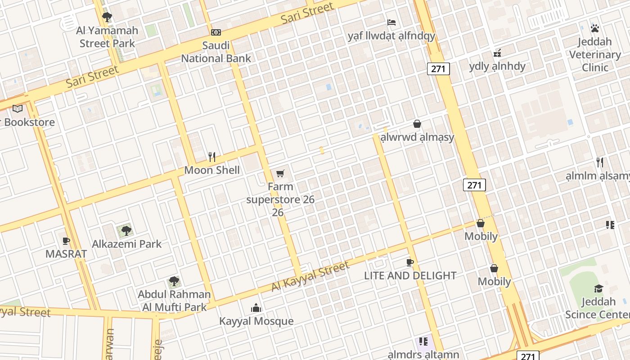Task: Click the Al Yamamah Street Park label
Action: click(107, 37)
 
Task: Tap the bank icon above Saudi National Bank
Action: click(216, 32)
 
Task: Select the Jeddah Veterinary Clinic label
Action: click(595, 54)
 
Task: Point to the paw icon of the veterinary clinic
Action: click(595, 28)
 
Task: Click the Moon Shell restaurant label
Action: click(212, 170)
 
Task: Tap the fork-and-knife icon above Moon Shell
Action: click(212, 157)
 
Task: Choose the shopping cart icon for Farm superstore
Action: click(280, 173)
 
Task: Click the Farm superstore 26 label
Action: click(280, 199)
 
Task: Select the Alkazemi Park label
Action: click(126, 244)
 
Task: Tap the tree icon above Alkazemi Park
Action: click(126, 231)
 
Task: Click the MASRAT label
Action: click(66, 254)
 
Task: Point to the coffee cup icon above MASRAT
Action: click(66, 241)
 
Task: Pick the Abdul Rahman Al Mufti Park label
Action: click(174, 301)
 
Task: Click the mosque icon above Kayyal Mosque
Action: click(256, 308)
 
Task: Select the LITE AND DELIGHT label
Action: click(410, 275)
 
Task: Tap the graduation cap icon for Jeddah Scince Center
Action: click(598, 288)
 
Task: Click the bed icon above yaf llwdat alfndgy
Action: click(391, 22)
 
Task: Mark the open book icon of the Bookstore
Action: click(18, 109)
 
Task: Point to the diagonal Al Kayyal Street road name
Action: click(310, 276)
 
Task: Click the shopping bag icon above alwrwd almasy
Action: click(417, 124)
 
